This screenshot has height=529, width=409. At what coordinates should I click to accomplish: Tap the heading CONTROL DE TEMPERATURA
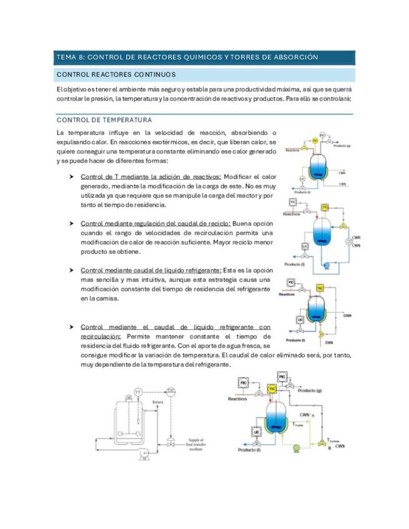104,120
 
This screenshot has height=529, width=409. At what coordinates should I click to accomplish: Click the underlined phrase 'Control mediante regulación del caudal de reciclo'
155,223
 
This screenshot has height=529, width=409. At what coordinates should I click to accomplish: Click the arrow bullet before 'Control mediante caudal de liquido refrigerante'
73,271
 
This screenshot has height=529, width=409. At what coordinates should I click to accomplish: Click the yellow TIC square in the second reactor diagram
325,207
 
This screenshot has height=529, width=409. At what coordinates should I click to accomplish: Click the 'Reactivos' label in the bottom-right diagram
238,399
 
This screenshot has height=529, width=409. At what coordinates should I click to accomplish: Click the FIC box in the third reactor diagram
291,283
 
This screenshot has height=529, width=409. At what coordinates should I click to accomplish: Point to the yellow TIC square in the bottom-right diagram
272,388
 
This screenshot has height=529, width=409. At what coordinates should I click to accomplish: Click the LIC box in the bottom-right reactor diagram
257,432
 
